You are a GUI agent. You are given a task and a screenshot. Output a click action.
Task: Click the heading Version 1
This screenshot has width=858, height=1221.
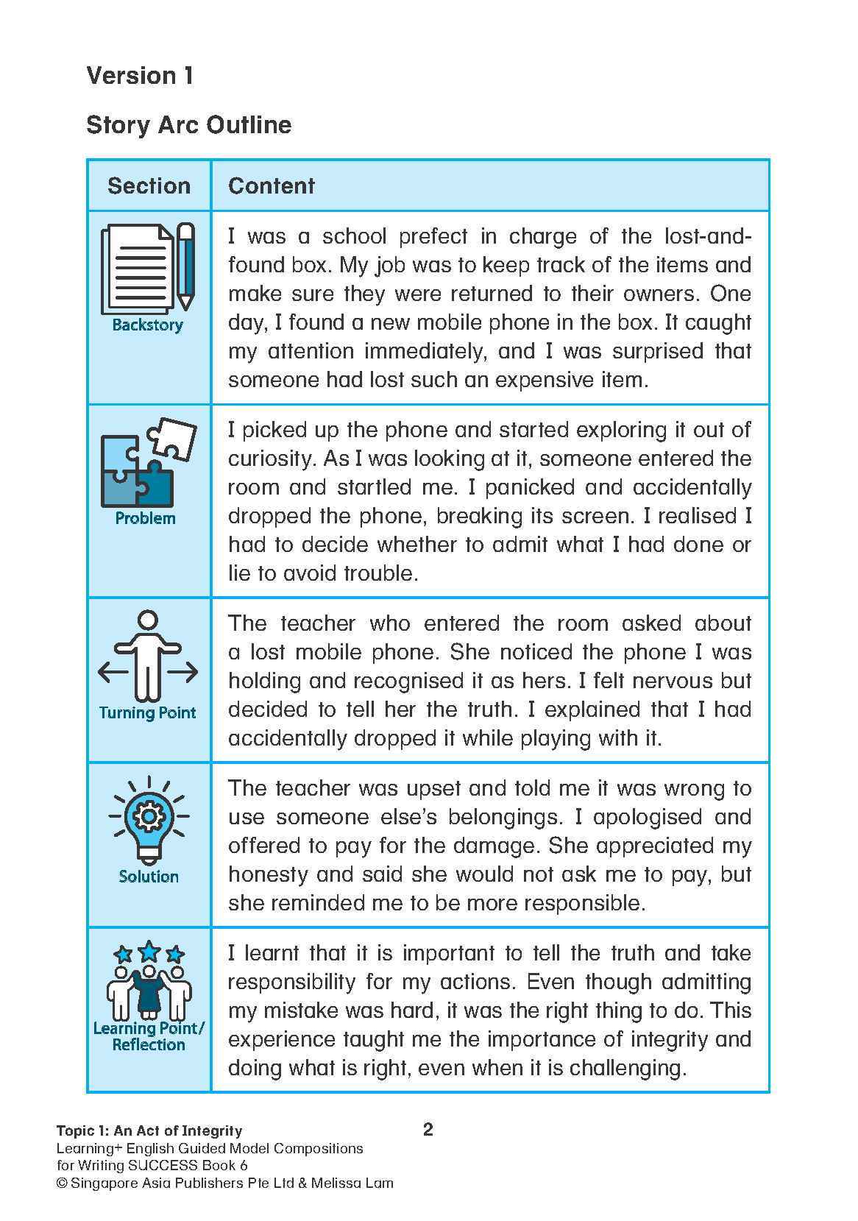(x=140, y=75)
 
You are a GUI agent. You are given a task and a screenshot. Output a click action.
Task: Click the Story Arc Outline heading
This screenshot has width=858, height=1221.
(x=188, y=124)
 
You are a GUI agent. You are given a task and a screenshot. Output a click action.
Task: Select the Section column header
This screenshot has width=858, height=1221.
(x=149, y=185)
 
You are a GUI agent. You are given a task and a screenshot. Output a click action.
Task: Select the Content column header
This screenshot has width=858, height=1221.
(x=271, y=185)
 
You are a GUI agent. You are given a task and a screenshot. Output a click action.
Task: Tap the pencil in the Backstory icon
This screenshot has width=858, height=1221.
(x=186, y=265)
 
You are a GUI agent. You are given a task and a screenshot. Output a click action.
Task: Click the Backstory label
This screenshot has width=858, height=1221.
(x=147, y=325)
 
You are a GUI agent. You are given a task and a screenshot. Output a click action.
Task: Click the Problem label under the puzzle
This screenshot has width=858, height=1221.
(x=145, y=518)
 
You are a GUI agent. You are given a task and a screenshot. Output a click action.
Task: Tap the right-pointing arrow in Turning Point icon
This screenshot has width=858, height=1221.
(x=184, y=671)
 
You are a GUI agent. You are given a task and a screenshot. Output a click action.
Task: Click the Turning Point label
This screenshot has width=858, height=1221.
(x=147, y=712)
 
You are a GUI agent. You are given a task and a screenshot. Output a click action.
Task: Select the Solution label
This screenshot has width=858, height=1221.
(x=149, y=876)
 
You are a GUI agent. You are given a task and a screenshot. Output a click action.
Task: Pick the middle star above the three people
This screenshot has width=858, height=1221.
(x=149, y=951)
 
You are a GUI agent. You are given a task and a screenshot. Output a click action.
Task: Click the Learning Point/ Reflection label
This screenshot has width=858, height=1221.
(x=149, y=1036)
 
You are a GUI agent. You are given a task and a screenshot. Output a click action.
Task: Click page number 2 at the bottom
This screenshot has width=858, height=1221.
(x=428, y=1129)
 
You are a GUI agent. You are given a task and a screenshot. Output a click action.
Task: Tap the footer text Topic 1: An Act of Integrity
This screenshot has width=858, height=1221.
(x=149, y=1130)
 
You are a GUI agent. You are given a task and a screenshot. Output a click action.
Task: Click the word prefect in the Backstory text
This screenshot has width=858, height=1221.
(x=433, y=236)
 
